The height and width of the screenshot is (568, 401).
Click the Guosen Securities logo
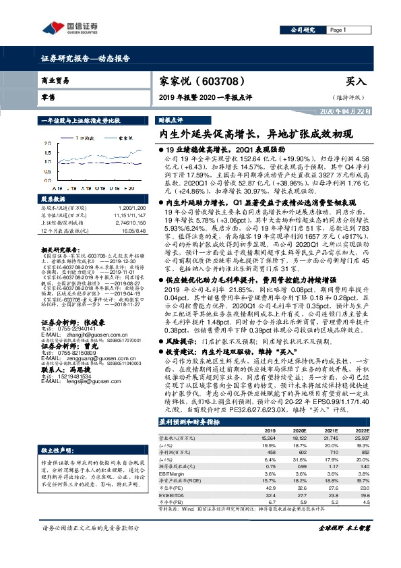click(x=70, y=28)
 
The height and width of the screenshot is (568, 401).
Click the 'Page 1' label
click(x=338, y=30)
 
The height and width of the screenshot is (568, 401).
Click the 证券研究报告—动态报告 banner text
click(x=86, y=59)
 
